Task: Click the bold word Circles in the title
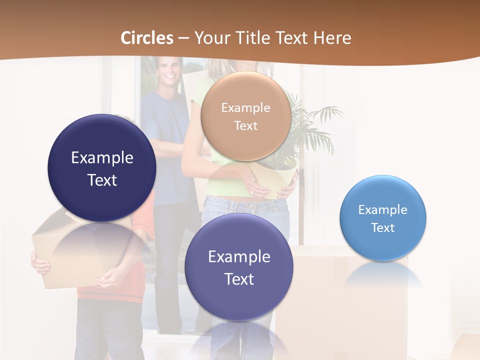[147, 38]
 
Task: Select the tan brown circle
[245, 116]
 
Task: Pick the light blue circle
[383, 218]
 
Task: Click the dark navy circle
[102, 168]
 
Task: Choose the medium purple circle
[239, 267]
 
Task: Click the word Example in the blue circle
[383, 210]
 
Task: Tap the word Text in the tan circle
[245, 126]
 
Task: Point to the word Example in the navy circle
[102, 158]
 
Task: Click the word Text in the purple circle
[239, 279]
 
